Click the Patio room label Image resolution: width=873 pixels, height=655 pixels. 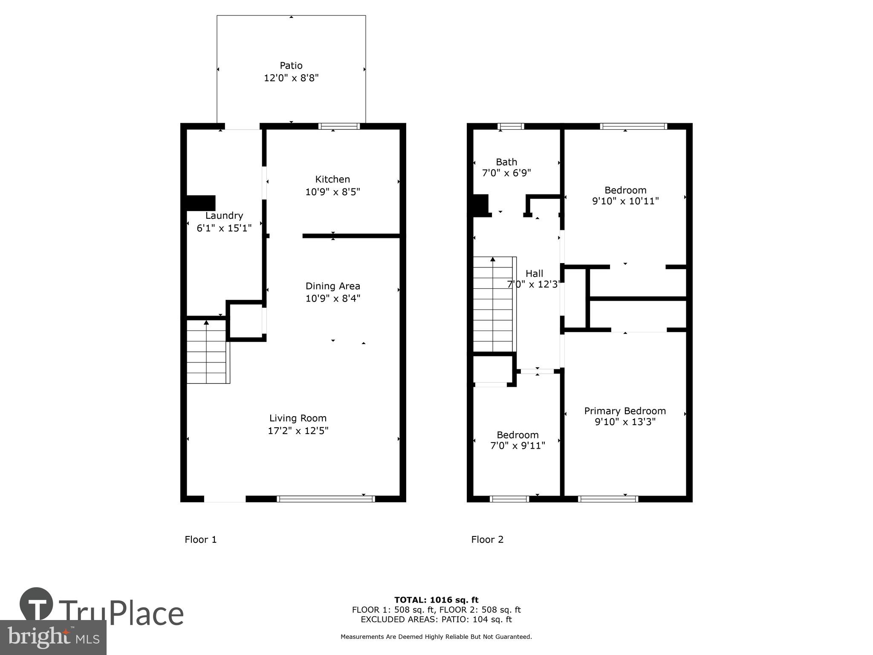pyautogui.click(x=291, y=66)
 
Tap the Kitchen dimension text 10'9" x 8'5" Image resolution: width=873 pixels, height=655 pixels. pyautogui.click(x=332, y=192)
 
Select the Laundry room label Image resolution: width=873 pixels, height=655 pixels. pyautogui.click(x=224, y=216)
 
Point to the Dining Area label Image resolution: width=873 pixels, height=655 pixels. pyautogui.click(x=333, y=286)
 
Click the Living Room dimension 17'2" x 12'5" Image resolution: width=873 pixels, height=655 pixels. pyautogui.click(x=298, y=431)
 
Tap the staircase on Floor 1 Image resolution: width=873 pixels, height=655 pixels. pyautogui.click(x=207, y=352)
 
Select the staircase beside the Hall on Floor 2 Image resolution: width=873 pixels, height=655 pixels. pyautogui.click(x=493, y=305)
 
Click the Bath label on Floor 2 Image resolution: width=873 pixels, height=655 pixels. pyautogui.click(x=506, y=162)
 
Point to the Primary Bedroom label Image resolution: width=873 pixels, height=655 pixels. pyautogui.click(x=625, y=411)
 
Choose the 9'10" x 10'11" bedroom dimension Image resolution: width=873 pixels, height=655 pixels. pyautogui.click(x=625, y=201)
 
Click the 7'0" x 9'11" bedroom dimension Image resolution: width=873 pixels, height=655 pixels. pyautogui.click(x=518, y=446)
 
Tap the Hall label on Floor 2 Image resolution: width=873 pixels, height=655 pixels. pyautogui.click(x=534, y=274)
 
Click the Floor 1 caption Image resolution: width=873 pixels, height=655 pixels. pyautogui.click(x=201, y=540)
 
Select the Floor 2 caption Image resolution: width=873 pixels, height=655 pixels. pyautogui.click(x=487, y=540)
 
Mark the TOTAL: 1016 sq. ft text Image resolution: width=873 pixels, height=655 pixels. pyautogui.click(x=436, y=600)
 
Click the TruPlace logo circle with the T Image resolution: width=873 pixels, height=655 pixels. pyautogui.click(x=36, y=604)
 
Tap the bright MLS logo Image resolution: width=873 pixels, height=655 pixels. pyautogui.click(x=53, y=638)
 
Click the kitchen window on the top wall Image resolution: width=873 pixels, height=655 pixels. pyautogui.click(x=339, y=126)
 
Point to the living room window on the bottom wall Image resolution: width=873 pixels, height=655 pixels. pyautogui.click(x=326, y=499)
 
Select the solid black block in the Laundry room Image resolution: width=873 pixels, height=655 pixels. pyautogui.click(x=201, y=203)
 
